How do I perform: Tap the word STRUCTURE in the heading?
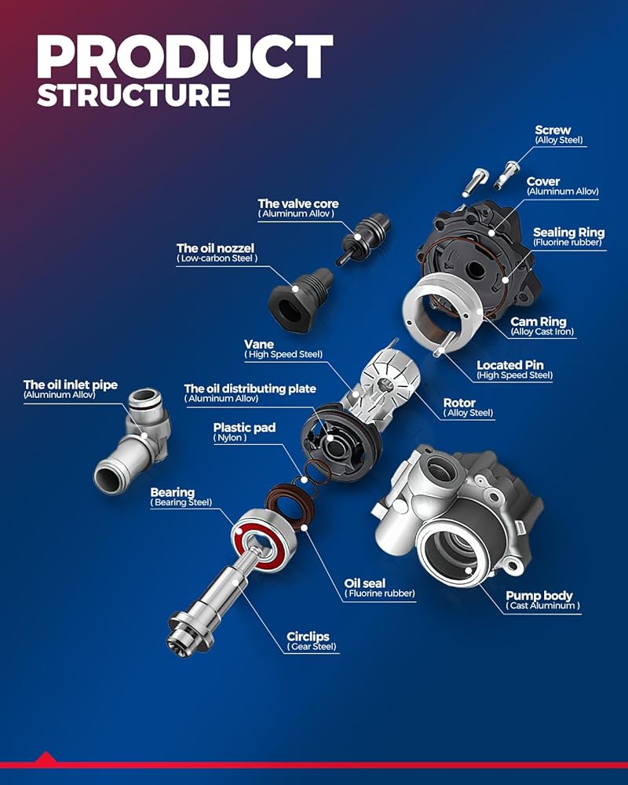pyautogui.click(x=133, y=94)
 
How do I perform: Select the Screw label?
pyautogui.click(x=553, y=130)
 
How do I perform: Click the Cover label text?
pyautogui.click(x=543, y=182)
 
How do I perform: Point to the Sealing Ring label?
pyautogui.click(x=568, y=232)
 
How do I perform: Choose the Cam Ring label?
pyautogui.click(x=539, y=322)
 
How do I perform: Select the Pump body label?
pyautogui.click(x=539, y=596)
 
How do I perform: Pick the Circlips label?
pyautogui.click(x=308, y=636)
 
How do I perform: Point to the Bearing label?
pyautogui.click(x=173, y=493)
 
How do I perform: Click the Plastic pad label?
pyautogui.click(x=246, y=428)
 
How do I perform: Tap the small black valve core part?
pyautogui.click(x=364, y=232)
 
